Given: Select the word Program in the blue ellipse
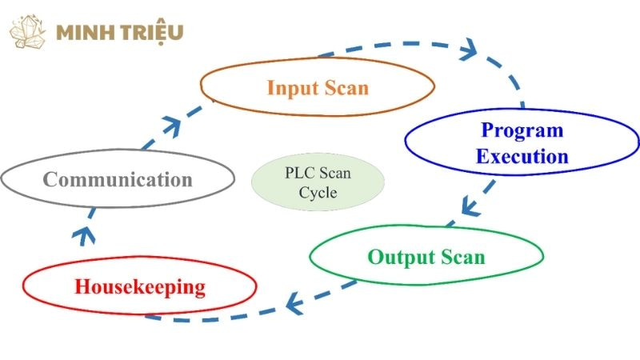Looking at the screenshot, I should pos(522,130).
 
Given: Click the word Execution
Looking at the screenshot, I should pos(522,156).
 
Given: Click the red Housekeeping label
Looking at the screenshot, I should pos(140,286).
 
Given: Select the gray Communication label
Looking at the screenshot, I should pos(118,178).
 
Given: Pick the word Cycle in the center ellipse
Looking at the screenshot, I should pos(318,193).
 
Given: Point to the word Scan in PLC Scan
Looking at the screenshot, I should pos(335,173).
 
